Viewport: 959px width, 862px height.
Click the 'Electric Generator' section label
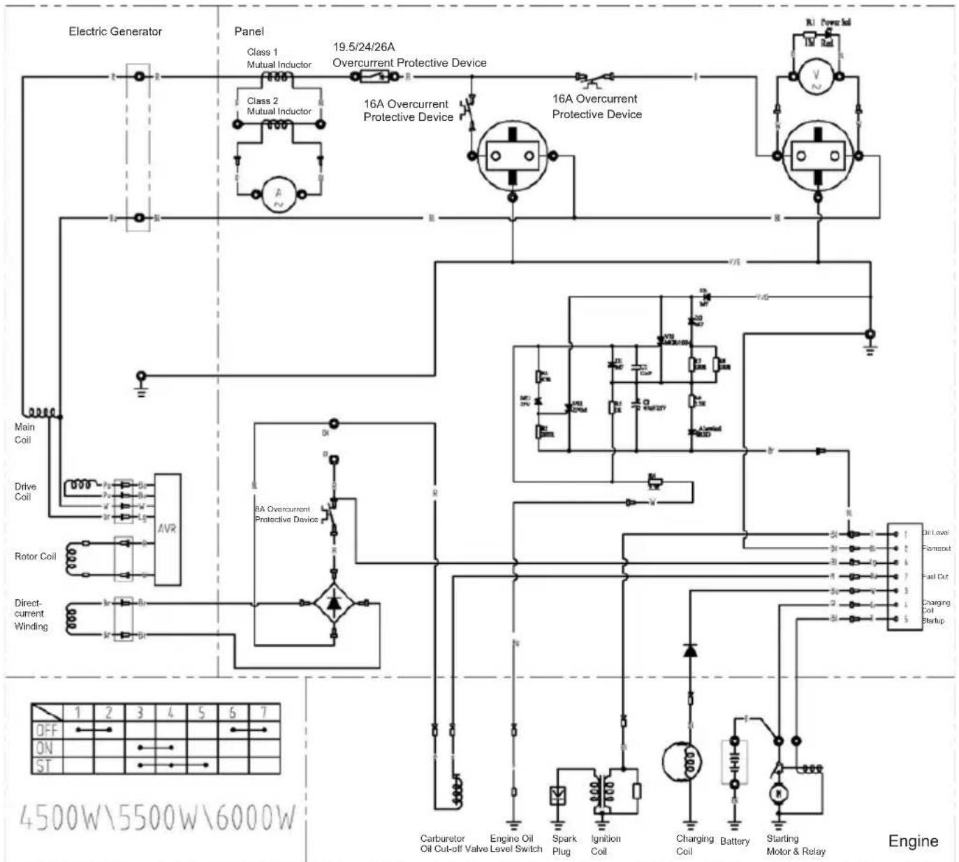point(115,31)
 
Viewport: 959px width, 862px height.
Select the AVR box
point(167,529)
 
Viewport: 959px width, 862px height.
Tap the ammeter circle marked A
point(279,193)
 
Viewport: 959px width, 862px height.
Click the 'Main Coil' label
point(23,433)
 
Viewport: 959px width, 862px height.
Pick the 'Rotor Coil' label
point(35,557)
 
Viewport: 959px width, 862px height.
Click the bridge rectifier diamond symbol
point(334,602)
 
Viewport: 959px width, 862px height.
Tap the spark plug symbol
point(558,795)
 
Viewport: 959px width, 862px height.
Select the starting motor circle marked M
point(777,794)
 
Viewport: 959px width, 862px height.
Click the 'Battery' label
point(734,841)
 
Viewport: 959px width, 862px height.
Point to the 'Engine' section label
point(912,841)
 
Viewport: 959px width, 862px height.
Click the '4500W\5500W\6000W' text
point(157,817)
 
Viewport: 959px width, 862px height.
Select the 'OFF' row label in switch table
point(47,731)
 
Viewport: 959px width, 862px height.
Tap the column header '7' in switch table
point(263,713)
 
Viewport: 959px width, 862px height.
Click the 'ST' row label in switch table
point(45,766)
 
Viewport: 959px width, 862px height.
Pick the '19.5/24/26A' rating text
point(363,48)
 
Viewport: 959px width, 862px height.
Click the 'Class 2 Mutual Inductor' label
point(279,106)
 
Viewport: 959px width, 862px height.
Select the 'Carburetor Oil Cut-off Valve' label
point(453,844)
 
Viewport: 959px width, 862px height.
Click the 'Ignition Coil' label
point(605,845)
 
